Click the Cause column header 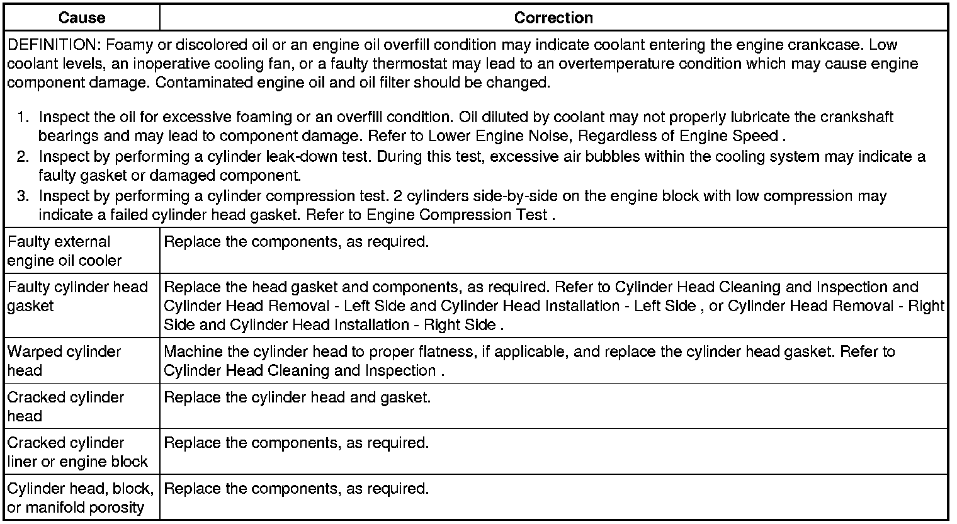point(82,18)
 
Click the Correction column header point(553,18)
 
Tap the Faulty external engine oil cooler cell point(64,251)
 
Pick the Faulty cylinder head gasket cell point(77,296)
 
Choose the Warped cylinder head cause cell point(64,361)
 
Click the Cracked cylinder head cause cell point(65,406)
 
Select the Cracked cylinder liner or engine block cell point(77,452)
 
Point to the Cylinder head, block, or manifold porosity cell point(80,498)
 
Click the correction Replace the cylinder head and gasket point(297,397)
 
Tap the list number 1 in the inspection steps point(23,117)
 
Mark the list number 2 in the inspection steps point(23,156)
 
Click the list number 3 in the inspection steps point(23,196)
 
